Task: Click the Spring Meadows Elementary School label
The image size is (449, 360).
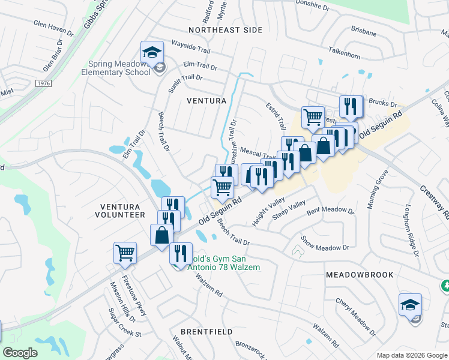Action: coord(119,68)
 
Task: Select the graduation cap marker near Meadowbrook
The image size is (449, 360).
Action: coord(411,305)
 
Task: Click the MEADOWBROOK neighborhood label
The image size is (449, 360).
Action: coord(360,275)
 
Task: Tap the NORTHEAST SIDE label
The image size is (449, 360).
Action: coord(225,29)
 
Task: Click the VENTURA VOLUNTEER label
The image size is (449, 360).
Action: coord(122,210)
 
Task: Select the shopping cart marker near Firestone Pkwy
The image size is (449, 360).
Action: coord(125,253)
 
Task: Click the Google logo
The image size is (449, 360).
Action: coord(20,353)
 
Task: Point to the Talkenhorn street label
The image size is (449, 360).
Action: coord(348,53)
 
